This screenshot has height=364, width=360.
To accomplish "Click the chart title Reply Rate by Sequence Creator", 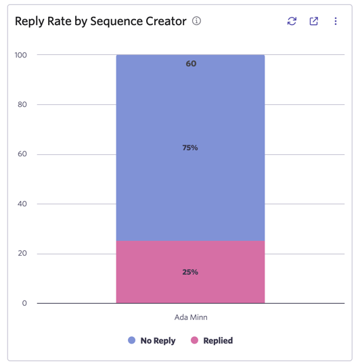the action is (101, 22).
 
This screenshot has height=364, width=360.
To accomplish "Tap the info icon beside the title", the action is (196, 21).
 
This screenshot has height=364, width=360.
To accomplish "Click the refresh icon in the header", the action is (292, 21).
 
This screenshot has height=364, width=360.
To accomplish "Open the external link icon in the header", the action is (314, 21).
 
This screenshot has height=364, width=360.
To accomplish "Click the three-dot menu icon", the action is (336, 21).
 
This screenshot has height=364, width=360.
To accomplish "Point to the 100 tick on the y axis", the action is (21, 55).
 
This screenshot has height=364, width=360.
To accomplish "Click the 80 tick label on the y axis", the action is (22, 104).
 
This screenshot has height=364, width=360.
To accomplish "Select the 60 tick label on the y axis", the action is (22, 154).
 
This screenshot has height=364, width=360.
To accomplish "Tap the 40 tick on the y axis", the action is (22, 204).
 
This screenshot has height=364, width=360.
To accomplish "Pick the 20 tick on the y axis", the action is (22, 253).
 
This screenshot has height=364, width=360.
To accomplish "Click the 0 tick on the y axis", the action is (24, 303).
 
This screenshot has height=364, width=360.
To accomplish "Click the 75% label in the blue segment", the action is (190, 147).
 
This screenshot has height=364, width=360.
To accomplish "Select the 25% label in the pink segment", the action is (190, 272).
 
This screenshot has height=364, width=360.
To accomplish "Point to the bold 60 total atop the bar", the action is (191, 64).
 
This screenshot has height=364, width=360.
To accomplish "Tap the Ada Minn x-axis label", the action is (191, 317).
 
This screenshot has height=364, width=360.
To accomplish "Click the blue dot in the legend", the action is (131, 340).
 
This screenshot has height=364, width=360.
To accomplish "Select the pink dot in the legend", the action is (194, 340).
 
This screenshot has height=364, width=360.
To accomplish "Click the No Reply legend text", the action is (158, 341).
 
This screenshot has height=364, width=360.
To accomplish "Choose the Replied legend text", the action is (218, 341).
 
